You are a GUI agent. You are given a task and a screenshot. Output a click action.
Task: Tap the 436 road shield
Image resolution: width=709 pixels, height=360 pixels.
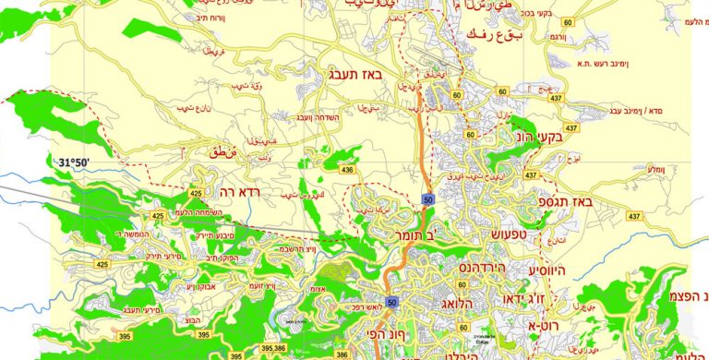pyautogui.click(x=347, y=170)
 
